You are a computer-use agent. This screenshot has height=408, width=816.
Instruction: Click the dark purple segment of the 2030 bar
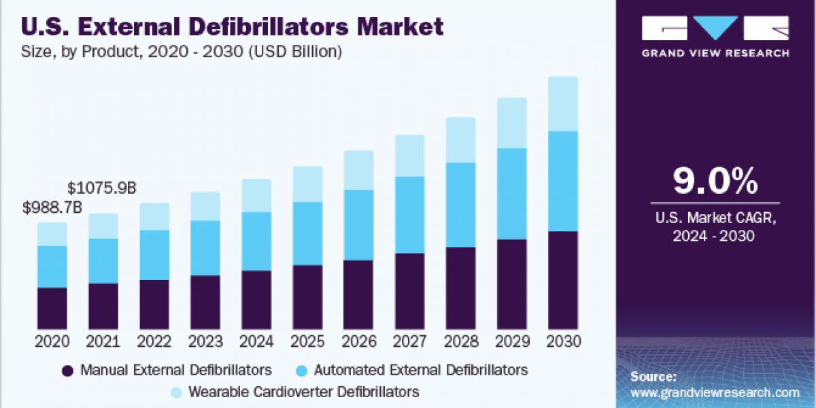point(562,280)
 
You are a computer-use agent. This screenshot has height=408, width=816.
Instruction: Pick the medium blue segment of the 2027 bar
point(409,215)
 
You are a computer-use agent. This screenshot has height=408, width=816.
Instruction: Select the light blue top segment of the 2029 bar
point(511,123)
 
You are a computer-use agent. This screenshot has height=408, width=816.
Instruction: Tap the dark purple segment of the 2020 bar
point(52,308)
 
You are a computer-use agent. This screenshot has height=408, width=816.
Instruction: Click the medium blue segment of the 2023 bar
point(205,248)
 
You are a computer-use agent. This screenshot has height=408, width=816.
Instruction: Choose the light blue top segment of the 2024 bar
point(256,196)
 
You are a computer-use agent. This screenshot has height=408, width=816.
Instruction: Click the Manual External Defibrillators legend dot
point(67,371)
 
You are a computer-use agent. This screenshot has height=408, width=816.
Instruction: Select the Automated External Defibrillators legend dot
point(303,371)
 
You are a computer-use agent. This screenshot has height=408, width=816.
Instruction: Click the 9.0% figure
point(715,182)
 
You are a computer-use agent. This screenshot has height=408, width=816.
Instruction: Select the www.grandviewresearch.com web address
point(715,392)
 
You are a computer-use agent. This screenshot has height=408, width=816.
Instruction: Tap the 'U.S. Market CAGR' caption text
point(715,219)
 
